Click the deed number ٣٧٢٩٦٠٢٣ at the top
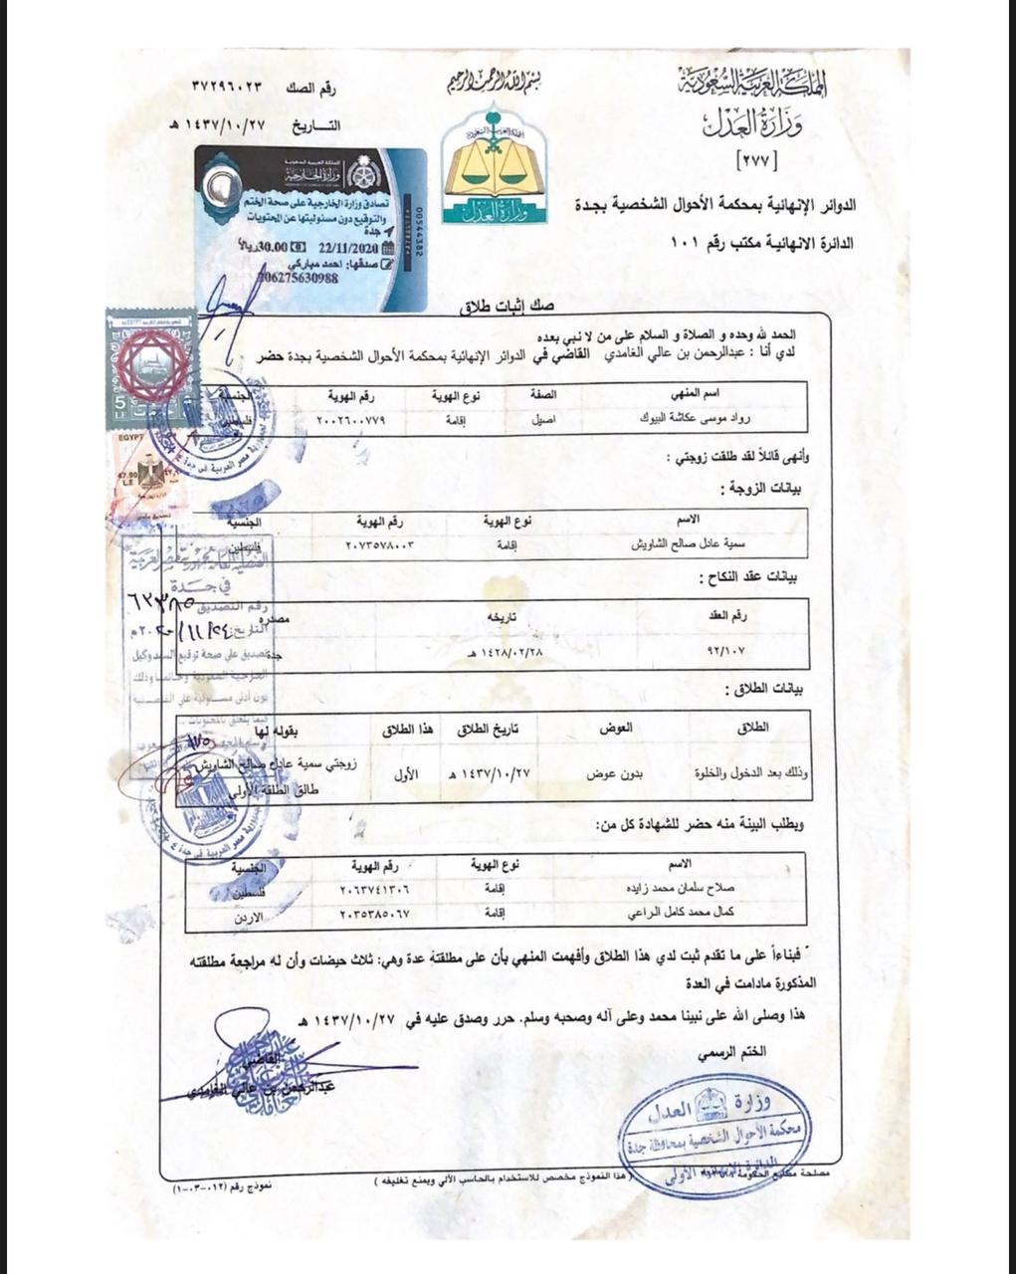231,87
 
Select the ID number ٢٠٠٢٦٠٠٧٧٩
349,420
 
